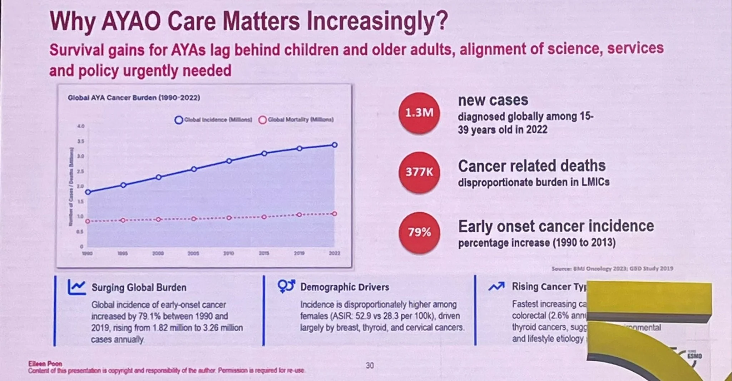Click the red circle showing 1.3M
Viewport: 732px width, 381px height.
419,113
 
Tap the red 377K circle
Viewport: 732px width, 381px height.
419,172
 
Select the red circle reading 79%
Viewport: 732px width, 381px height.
419,232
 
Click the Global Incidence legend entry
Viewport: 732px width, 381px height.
214,120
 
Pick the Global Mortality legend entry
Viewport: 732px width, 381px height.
296,120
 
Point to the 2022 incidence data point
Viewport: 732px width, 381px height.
335,145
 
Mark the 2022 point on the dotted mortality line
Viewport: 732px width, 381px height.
335,214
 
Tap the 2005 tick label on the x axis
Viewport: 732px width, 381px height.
193,253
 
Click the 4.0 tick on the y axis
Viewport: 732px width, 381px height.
81,126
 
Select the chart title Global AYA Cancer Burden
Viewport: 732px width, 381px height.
134,98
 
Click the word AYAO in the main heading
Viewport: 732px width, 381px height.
131,21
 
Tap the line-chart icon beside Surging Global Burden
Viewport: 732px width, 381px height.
77,287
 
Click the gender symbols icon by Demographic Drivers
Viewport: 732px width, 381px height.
286,286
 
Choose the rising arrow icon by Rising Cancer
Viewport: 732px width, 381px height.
496,286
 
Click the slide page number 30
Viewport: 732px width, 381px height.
370,365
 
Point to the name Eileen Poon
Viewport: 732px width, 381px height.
45,363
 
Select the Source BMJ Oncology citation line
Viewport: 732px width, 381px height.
612,268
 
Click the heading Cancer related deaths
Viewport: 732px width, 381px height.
531,166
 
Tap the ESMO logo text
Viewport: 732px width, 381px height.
694,356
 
